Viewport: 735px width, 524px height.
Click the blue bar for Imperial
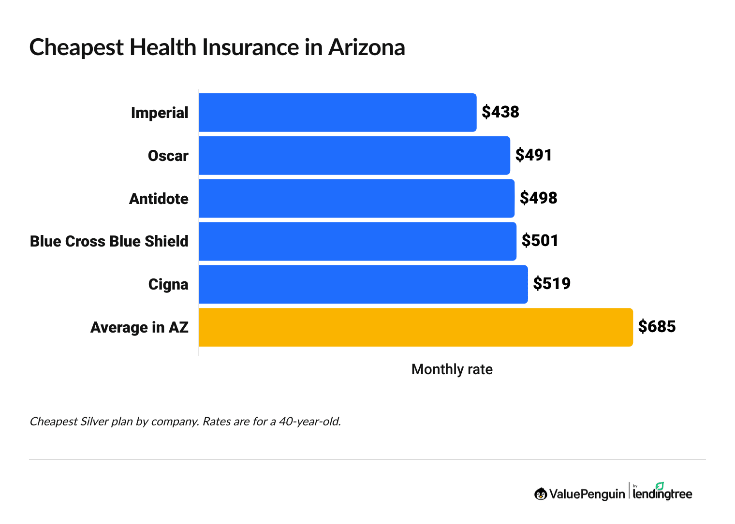pos(338,113)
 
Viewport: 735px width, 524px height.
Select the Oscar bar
pos(354,156)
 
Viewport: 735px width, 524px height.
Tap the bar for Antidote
pos(356,199)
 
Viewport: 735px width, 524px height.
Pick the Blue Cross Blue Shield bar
pos(357,241)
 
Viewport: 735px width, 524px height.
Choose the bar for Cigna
pos(363,284)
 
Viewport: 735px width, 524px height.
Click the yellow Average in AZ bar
pos(415,327)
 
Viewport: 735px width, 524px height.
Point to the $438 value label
pos(500,112)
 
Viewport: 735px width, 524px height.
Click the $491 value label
pos(533,155)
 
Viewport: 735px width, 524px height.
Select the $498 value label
pos(538,198)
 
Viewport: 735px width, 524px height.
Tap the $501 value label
pos(540,241)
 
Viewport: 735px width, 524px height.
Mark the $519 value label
pos(551,284)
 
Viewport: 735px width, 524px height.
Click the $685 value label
pos(657,327)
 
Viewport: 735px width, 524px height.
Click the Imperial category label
pos(160,113)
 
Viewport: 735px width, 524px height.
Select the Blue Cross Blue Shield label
pos(109,241)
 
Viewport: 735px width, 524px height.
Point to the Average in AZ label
pos(139,328)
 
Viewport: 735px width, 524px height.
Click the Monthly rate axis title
pos(452,369)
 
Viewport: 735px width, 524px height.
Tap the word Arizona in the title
pos(367,48)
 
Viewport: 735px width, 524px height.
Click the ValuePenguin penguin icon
pos(541,494)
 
